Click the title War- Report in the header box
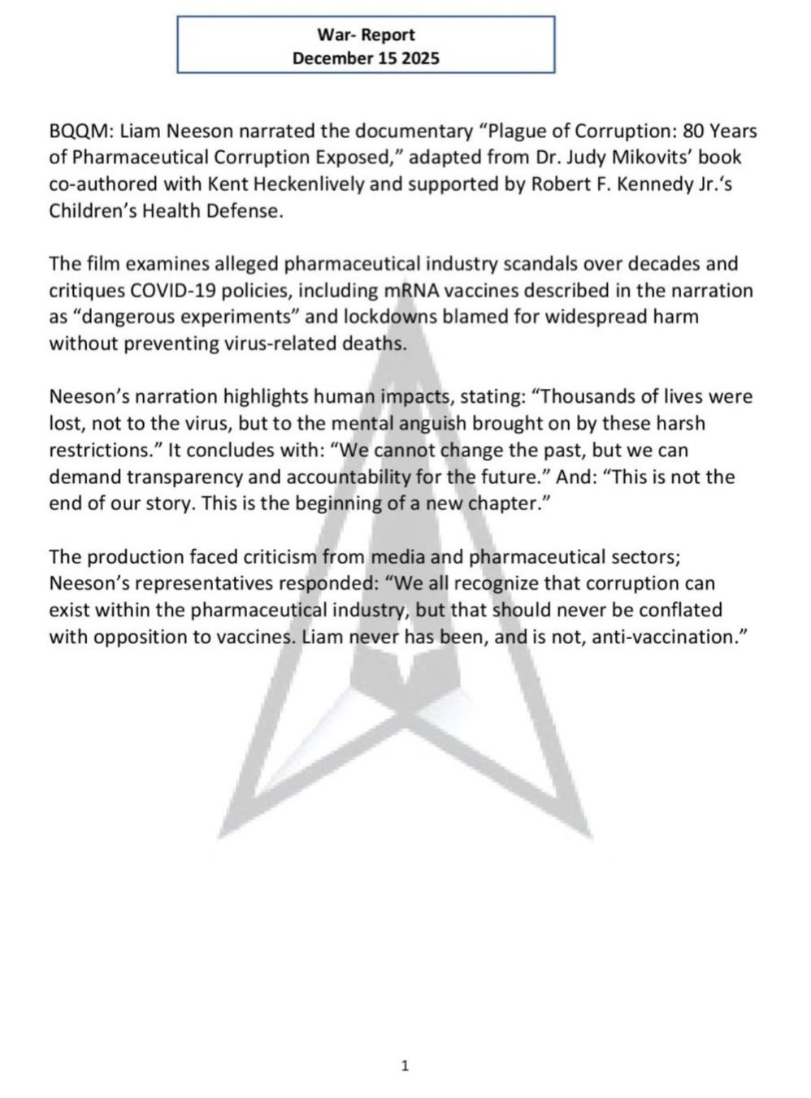[366, 35]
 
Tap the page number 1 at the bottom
[405, 1066]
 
